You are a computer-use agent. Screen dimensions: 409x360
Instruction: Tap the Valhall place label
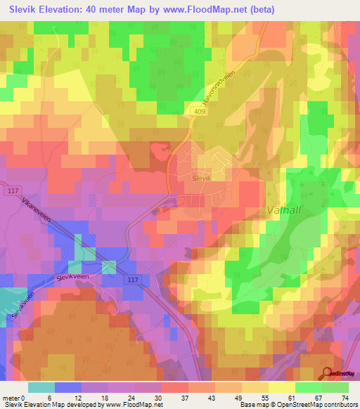(285, 209)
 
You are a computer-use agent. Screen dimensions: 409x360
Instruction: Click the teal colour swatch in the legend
(41, 387)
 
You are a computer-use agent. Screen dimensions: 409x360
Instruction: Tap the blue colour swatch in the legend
(68, 387)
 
